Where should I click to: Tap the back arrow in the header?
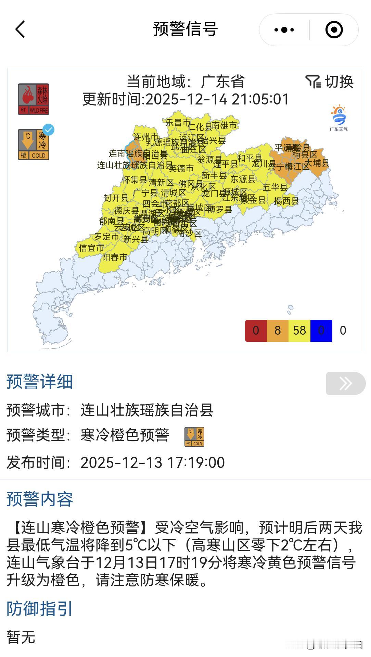(x=20, y=29)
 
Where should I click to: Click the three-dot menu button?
(x=284, y=30)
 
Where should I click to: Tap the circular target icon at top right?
(x=334, y=30)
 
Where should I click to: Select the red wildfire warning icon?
(x=34, y=99)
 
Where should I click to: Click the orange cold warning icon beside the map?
(x=34, y=145)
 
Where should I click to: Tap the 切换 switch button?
(x=330, y=82)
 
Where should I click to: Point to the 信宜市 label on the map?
(x=91, y=248)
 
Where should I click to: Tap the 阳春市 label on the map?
(x=115, y=257)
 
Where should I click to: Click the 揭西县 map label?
(x=286, y=201)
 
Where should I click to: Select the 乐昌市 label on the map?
(x=178, y=123)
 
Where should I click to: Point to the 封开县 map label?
(x=116, y=198)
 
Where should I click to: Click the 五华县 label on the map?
(x=275, y=187)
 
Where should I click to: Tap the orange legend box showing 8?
(x=278, y=331)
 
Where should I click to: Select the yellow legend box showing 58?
(x=299, y=331)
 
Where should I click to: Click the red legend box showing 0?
(x=256, y=331)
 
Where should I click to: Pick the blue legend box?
(x=321, y=331)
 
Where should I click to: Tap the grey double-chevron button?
(x=346, y=383)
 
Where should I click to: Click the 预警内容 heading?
(x=40, y=499)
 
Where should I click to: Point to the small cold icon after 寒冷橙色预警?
(x=194, y=437)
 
